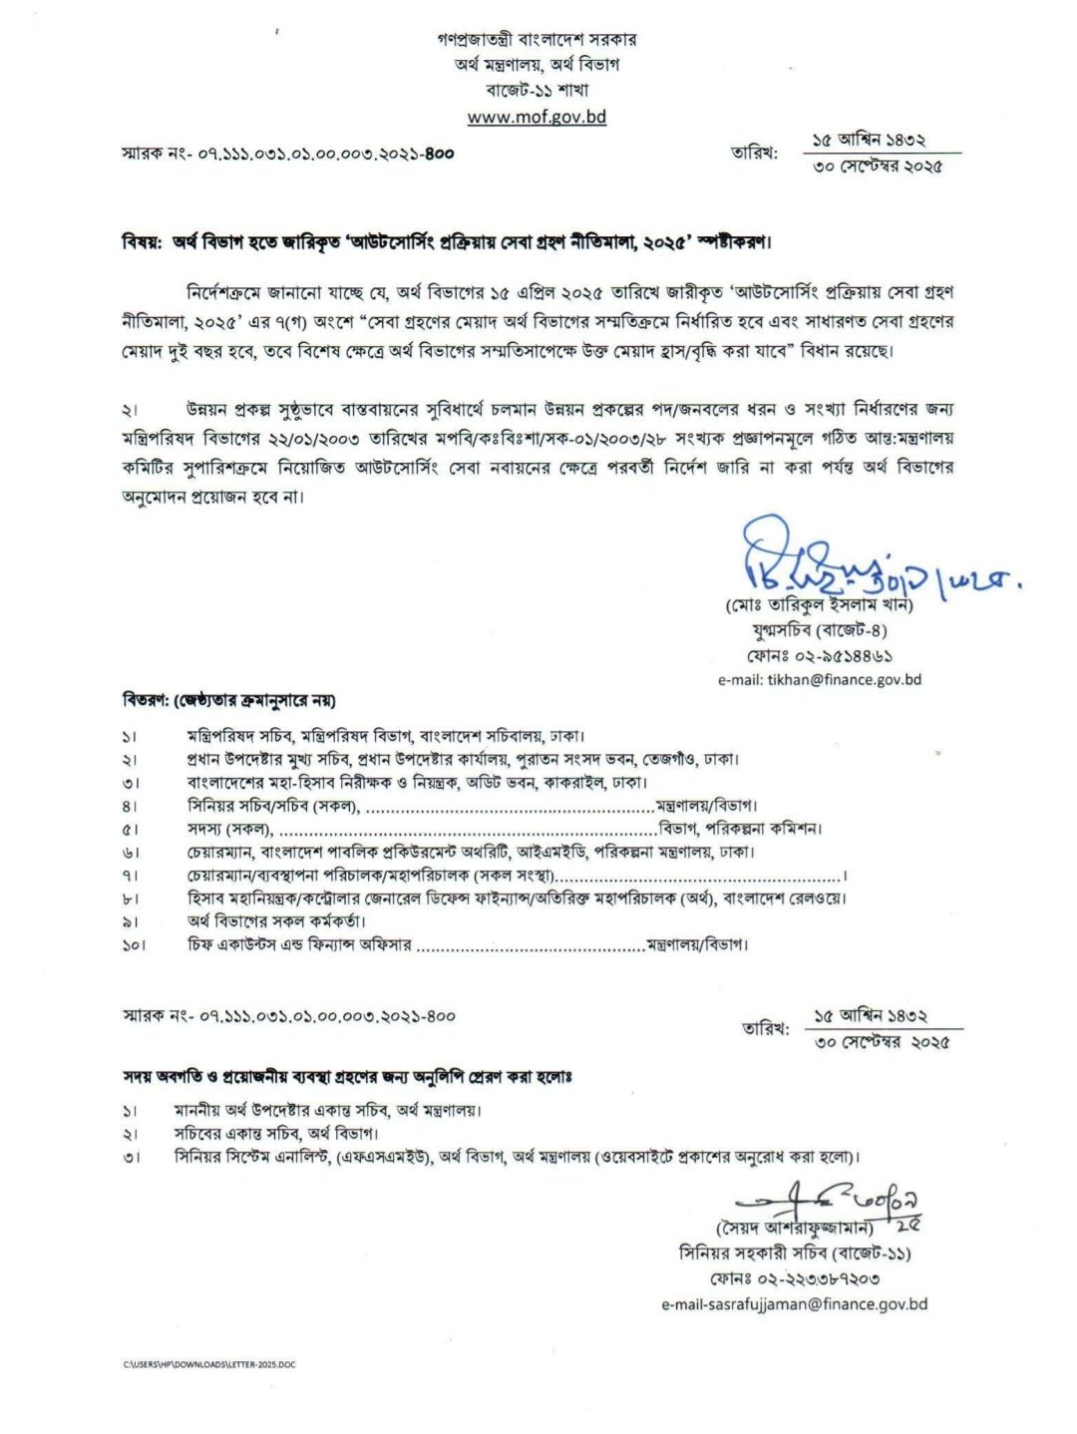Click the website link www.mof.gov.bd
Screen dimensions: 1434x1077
pyautogui.click(x=537, y=117)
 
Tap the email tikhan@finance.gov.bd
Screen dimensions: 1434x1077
pyautogui.click(x=819, y=679)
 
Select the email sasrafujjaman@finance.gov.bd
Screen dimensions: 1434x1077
pyautogui.click(x=794, y=1303)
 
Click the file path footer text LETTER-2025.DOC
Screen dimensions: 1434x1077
pyautogui.click(x=209, y=1364)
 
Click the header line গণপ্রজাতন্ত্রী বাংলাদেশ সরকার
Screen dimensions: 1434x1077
pyautogui.click(x=537, y=40)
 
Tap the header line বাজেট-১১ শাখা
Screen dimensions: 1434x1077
pyautogui.click(x=537, y=90)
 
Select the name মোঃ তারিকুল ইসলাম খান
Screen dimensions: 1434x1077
pyautogui.click(x=819, y=605)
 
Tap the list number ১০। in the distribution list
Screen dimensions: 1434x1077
pyautogui.click(x=134, y=944)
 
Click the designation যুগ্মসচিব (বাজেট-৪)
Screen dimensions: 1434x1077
pyautogui.click(x=819, y=630)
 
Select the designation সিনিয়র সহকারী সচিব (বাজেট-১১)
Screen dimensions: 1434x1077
pyautogui.click(x=794, y=1253)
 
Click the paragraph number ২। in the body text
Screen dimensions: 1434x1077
pyautogui.click(x=130, y=410)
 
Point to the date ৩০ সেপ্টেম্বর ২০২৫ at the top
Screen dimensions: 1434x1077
pyautogui.click(x=878, y=167)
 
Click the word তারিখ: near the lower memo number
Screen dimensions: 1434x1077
pyautogui.click(x=766, y=1028)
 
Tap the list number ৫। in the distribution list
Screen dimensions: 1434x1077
pyautogui.click(x=130, y=829)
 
